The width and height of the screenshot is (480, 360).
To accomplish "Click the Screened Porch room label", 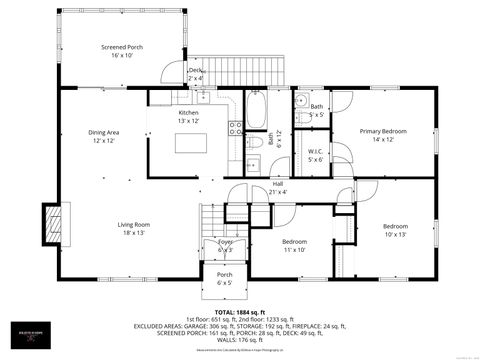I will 122,51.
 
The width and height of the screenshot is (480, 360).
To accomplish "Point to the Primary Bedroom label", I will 383,135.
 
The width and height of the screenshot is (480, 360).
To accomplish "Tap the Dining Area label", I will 105,136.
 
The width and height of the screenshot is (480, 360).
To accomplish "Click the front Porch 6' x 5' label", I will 224,279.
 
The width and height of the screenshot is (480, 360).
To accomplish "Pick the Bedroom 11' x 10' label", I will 294,246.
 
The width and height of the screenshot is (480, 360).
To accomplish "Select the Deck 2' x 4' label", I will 197,73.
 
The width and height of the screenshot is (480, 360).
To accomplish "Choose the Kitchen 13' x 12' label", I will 189,116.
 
